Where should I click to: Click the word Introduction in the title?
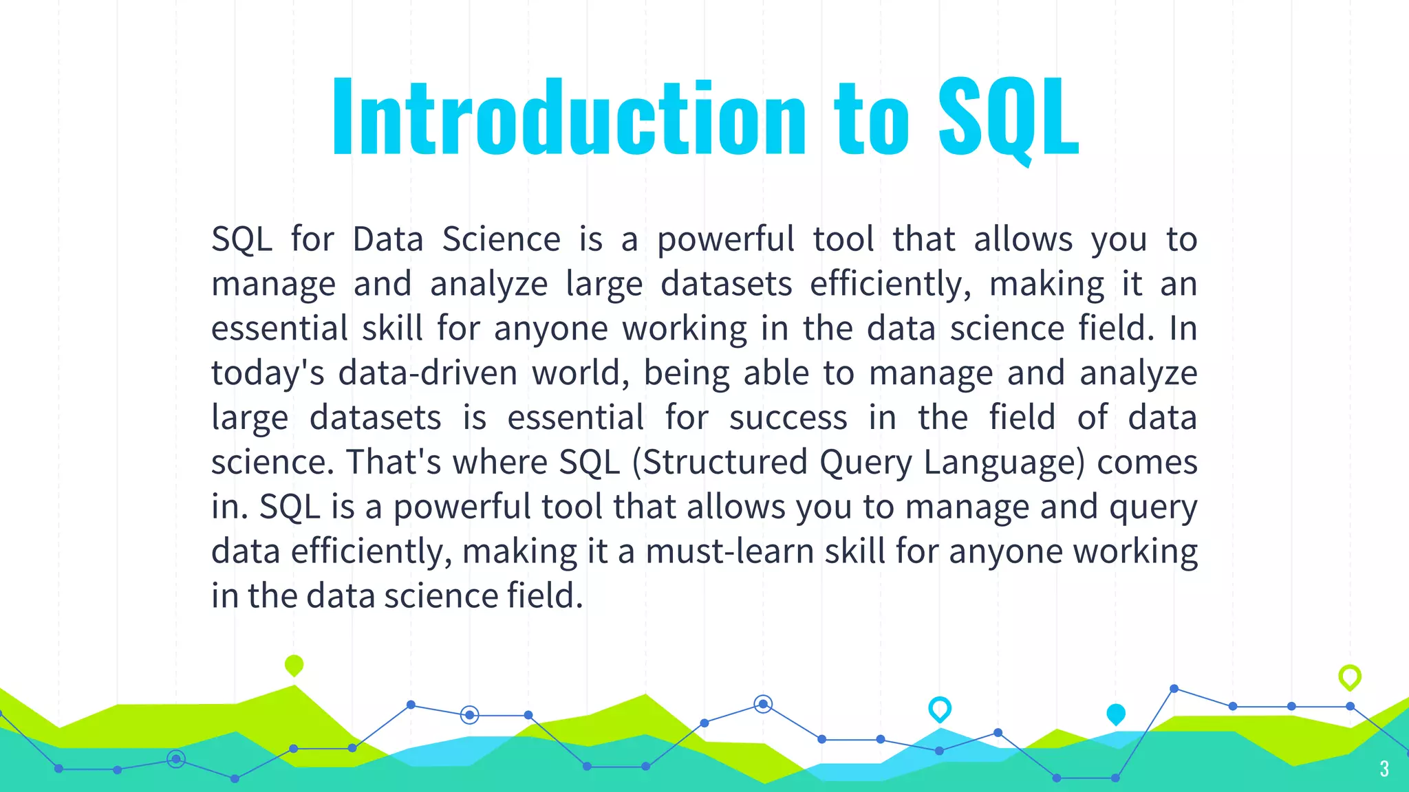click(x=568, y=117)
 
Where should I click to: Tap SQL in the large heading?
click(x=1008, y=117)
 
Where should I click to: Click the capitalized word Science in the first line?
click(x=501, y=239)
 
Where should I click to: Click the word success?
click(x=788, y=418)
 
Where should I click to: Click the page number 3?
click(x=1384, y=769)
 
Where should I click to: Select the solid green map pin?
click(x=294, y=665)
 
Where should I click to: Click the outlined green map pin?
click(x=1349, y=676)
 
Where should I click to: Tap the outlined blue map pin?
click(x=939, y=708)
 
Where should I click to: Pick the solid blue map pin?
click(x=1115, y=714)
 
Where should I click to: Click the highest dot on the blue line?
click(x=1174, y=688)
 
